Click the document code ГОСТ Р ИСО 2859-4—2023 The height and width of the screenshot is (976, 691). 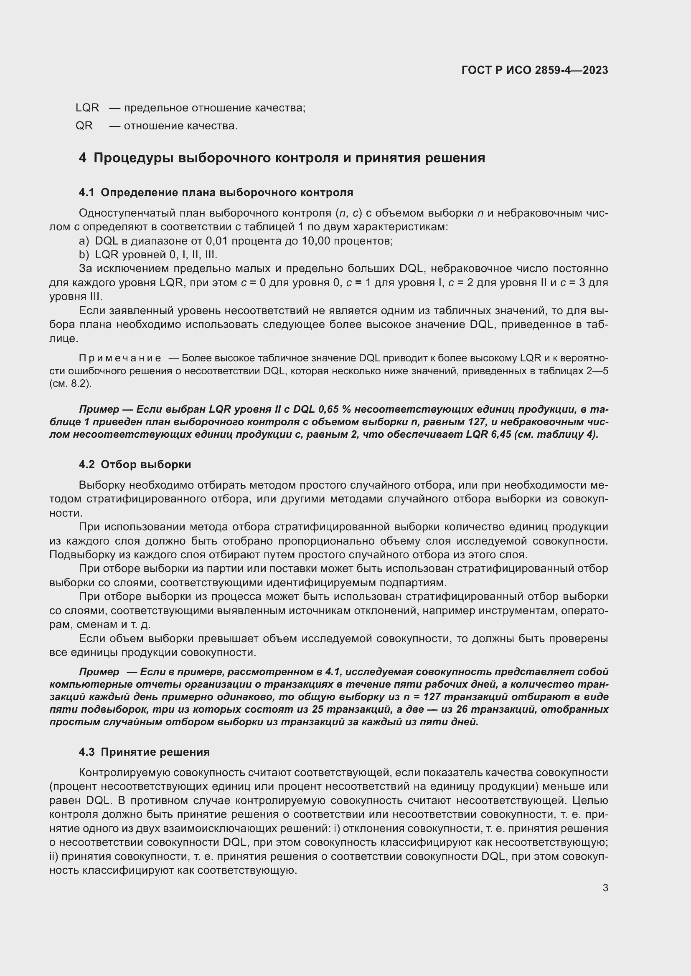point(534,70)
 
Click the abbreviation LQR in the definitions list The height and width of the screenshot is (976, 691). point(87,108)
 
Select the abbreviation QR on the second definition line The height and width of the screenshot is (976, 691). point(84,126)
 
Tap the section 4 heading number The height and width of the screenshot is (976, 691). point(82,158)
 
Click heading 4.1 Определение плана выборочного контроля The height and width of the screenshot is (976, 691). point(216,192)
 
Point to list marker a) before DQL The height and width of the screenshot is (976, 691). point(84,241)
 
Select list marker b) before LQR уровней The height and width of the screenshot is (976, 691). point(84,255)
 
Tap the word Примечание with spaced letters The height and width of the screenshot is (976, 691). point(120,358)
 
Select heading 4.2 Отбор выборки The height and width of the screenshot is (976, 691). point(135,464)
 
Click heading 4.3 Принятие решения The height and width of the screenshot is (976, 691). point(144,752)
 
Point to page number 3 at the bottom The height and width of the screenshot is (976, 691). point(605,888)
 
